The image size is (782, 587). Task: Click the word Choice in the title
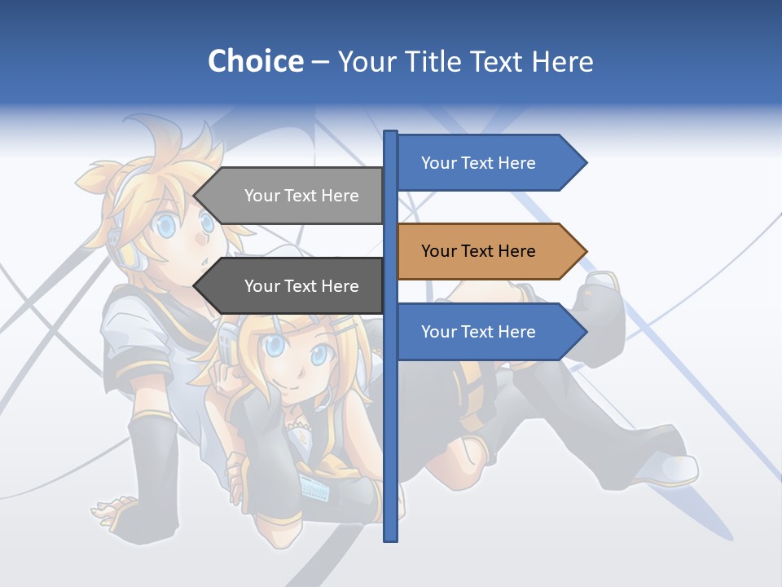tap(255, 61)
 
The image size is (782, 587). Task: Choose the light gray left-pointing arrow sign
tap(289, 196)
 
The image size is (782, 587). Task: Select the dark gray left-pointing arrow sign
tap(289, 286)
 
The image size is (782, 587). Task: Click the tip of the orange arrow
tap(585, 251)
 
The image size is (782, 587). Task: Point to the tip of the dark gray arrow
tap(195, 286)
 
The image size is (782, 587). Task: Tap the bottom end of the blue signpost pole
tap(390, 538)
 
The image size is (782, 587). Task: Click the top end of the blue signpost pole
tap(390, 134)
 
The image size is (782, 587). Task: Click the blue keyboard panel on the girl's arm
tap(314, 488)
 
